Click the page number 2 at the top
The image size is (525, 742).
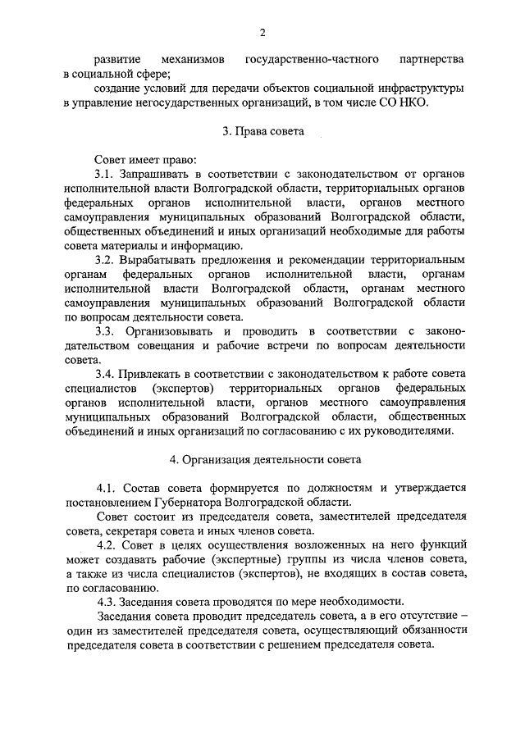(262, 33)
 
